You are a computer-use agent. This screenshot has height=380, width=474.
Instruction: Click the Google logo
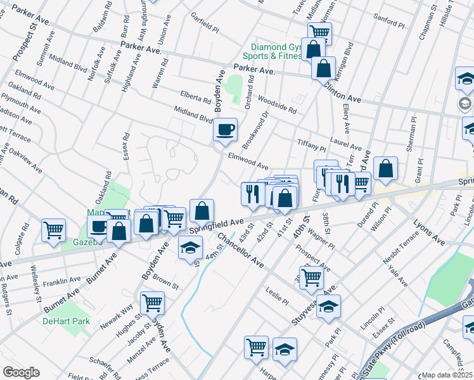(21, 372)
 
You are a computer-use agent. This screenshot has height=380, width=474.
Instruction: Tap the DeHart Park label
(67, 321)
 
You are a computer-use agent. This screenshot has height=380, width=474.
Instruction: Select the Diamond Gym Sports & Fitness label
(276, 51)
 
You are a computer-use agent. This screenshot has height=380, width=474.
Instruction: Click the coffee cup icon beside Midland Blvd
(225, 130)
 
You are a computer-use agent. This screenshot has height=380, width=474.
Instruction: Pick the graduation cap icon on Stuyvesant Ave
(328, 307)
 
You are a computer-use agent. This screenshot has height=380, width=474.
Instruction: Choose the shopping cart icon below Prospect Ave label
(311, 277)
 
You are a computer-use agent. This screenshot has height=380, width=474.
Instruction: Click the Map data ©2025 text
(447, 375)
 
